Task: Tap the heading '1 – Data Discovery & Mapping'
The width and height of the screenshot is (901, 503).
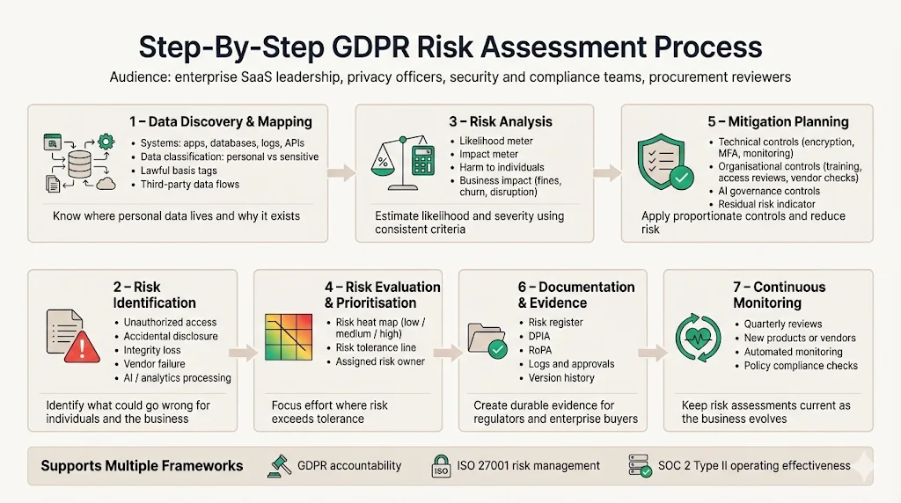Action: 221,121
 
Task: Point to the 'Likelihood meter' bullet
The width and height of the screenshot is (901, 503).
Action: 496,141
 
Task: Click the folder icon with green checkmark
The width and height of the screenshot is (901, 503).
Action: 486,342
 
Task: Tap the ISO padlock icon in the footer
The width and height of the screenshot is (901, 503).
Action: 440,465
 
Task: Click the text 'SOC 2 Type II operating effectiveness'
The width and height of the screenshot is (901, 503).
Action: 754,465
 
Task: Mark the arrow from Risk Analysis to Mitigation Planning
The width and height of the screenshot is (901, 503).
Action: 607,172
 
